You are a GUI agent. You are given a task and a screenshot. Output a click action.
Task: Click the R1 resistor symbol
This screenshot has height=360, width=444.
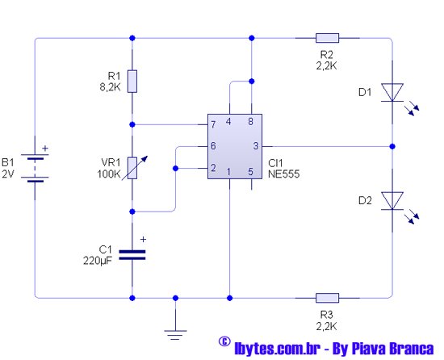[132, 82]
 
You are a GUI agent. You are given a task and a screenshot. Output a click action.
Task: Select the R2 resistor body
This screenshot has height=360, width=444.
[327, 38]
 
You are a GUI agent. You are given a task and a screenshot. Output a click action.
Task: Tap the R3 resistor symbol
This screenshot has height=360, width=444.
[327, 298]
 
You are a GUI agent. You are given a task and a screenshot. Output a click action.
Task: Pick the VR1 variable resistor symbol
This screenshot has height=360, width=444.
[132, 168]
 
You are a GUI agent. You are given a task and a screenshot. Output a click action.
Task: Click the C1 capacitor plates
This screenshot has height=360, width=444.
[132, 255]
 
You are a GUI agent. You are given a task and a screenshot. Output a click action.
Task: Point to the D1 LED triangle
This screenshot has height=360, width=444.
[392, 92]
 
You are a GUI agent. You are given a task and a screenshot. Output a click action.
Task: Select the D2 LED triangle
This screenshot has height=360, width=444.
[392, 201]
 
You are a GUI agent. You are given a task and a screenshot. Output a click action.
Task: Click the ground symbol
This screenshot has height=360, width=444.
[175, 335]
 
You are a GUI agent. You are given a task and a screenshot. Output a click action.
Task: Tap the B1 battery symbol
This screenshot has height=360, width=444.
[35, 168]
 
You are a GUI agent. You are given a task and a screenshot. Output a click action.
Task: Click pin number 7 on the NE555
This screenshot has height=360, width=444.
[213, 124]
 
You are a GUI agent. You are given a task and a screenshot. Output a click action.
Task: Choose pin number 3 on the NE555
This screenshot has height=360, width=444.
[256, 146]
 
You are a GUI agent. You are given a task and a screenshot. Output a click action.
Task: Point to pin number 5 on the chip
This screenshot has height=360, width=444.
[250, 171]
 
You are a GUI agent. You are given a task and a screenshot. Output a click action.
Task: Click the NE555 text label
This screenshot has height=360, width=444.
[283, 174]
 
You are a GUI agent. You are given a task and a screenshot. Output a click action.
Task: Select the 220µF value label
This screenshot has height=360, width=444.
[98, 261]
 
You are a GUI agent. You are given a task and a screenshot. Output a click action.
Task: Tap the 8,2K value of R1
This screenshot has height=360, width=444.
[110, 87]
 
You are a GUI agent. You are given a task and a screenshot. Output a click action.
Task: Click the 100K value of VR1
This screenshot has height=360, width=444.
[109, 174]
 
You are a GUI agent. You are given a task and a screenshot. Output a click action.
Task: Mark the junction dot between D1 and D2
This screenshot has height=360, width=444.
[392, 146]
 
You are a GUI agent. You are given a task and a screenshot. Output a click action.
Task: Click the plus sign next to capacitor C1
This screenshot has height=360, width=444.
[143, 240]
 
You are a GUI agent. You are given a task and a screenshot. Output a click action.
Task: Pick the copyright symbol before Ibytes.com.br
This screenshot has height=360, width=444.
[224, 341]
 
